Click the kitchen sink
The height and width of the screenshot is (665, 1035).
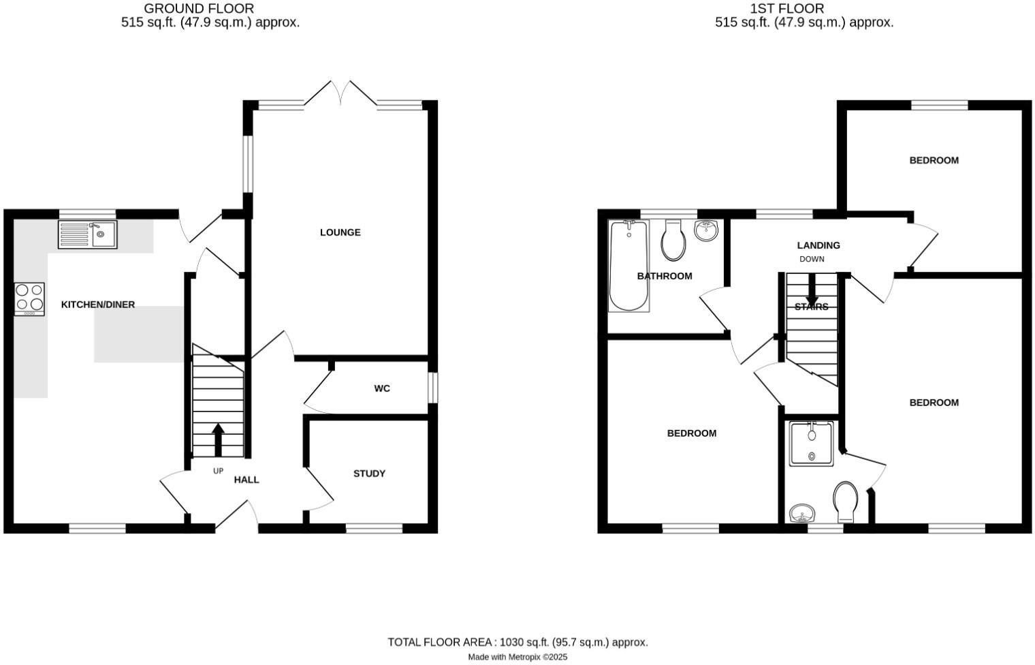(87, 234)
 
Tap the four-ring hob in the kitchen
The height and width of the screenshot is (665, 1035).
(29, 298)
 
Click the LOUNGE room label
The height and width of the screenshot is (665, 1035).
(340, 232)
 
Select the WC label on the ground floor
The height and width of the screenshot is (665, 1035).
(382, 388)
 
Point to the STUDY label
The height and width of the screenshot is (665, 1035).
(369, 474)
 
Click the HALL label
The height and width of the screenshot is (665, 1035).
(246, 480)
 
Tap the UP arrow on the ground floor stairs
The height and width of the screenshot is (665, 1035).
(218, 440)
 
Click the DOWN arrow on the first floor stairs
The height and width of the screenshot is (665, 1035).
(812, 292)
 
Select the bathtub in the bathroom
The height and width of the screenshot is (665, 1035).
(629, 266)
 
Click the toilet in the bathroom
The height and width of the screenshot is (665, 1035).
(673, 240)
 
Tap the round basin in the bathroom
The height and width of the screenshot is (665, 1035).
(706, 230)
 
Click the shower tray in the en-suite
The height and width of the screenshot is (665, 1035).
(811, 444)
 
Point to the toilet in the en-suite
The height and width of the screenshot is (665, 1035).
(846, 503)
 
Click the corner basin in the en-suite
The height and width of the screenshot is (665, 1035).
(802, 513)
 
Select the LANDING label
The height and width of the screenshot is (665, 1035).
(818, 245)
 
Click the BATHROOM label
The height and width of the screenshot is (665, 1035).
(665, 276)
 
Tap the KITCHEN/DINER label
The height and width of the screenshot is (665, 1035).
(98, 305)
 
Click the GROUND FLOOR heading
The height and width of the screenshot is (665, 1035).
(199, 9)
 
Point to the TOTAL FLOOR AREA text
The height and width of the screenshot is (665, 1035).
(517, 642)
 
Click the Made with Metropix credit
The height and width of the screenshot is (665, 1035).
(517, 657)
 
